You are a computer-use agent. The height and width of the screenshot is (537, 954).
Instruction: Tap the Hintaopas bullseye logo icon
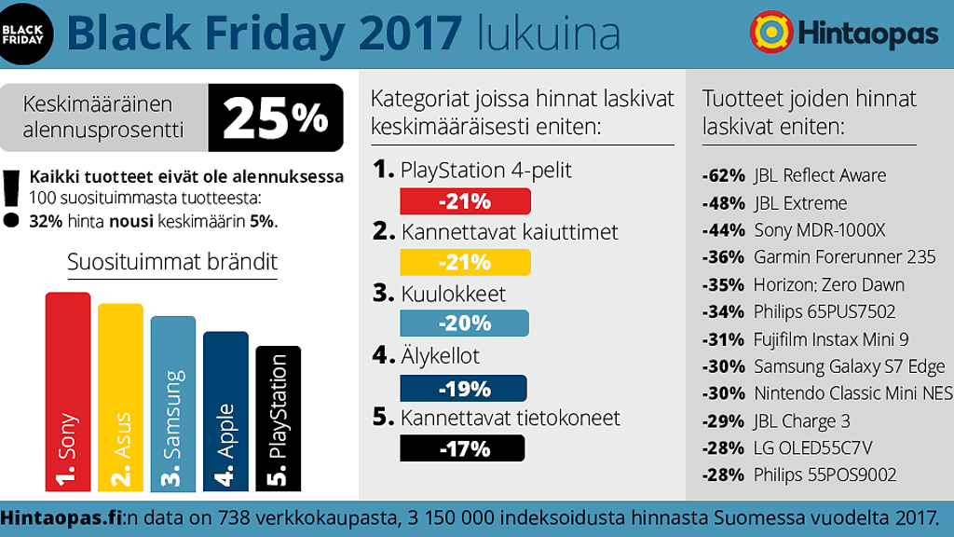point(770,32)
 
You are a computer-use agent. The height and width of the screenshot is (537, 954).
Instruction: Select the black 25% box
point(275,117)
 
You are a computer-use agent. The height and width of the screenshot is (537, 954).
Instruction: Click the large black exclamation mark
point(11,197)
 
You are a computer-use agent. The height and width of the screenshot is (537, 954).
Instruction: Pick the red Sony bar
point(68,392)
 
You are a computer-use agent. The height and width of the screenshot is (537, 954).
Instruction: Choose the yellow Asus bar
point(120,397)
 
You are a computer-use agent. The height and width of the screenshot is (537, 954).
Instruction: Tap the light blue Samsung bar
point(173,404)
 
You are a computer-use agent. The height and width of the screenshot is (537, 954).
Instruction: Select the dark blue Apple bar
point(225,411)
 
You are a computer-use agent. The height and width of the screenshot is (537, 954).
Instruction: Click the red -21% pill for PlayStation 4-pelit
point(465,201)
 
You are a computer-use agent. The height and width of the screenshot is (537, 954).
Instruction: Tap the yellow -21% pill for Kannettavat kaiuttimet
point(465,262)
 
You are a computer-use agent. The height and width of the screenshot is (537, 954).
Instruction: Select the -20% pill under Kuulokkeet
point(464,323)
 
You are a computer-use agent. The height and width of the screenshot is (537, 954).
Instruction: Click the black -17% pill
point(462,448)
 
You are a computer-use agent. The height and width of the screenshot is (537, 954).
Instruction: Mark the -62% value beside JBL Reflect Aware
point(724,175)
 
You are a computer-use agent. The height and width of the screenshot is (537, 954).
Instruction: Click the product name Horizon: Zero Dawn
point(828,284)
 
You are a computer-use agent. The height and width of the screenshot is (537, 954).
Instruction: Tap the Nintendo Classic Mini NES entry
point(852,393)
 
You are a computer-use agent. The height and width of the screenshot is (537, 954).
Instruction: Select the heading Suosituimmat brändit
point(172,262)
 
